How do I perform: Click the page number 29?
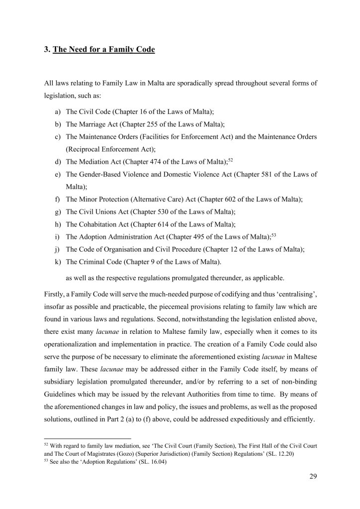pyautogui.click(x=312, y=476)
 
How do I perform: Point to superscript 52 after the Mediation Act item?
pyautogui.click(x=230, y=159)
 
